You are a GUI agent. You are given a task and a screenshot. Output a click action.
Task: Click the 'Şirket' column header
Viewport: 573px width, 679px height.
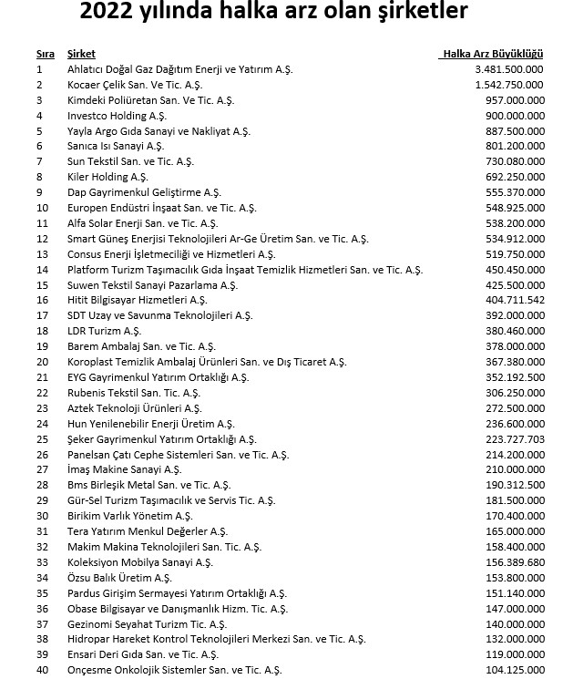point(81,55)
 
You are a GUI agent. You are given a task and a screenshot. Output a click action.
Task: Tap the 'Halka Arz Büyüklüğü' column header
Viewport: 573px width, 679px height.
point(491,55)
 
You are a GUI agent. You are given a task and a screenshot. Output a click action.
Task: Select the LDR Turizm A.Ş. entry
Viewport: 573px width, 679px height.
point(104,331)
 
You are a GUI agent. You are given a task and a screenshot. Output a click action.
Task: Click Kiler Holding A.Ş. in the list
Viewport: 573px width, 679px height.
point(107,177)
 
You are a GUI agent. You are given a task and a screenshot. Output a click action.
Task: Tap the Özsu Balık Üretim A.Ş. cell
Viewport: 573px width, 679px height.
point(119,577)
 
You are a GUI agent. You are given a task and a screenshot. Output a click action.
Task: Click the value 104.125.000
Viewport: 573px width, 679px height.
point(515,670)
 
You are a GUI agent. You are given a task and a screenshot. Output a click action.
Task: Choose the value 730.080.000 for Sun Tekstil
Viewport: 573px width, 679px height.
point(515,161)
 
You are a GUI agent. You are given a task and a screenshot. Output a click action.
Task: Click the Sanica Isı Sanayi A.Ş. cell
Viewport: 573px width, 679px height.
point(116,146)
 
